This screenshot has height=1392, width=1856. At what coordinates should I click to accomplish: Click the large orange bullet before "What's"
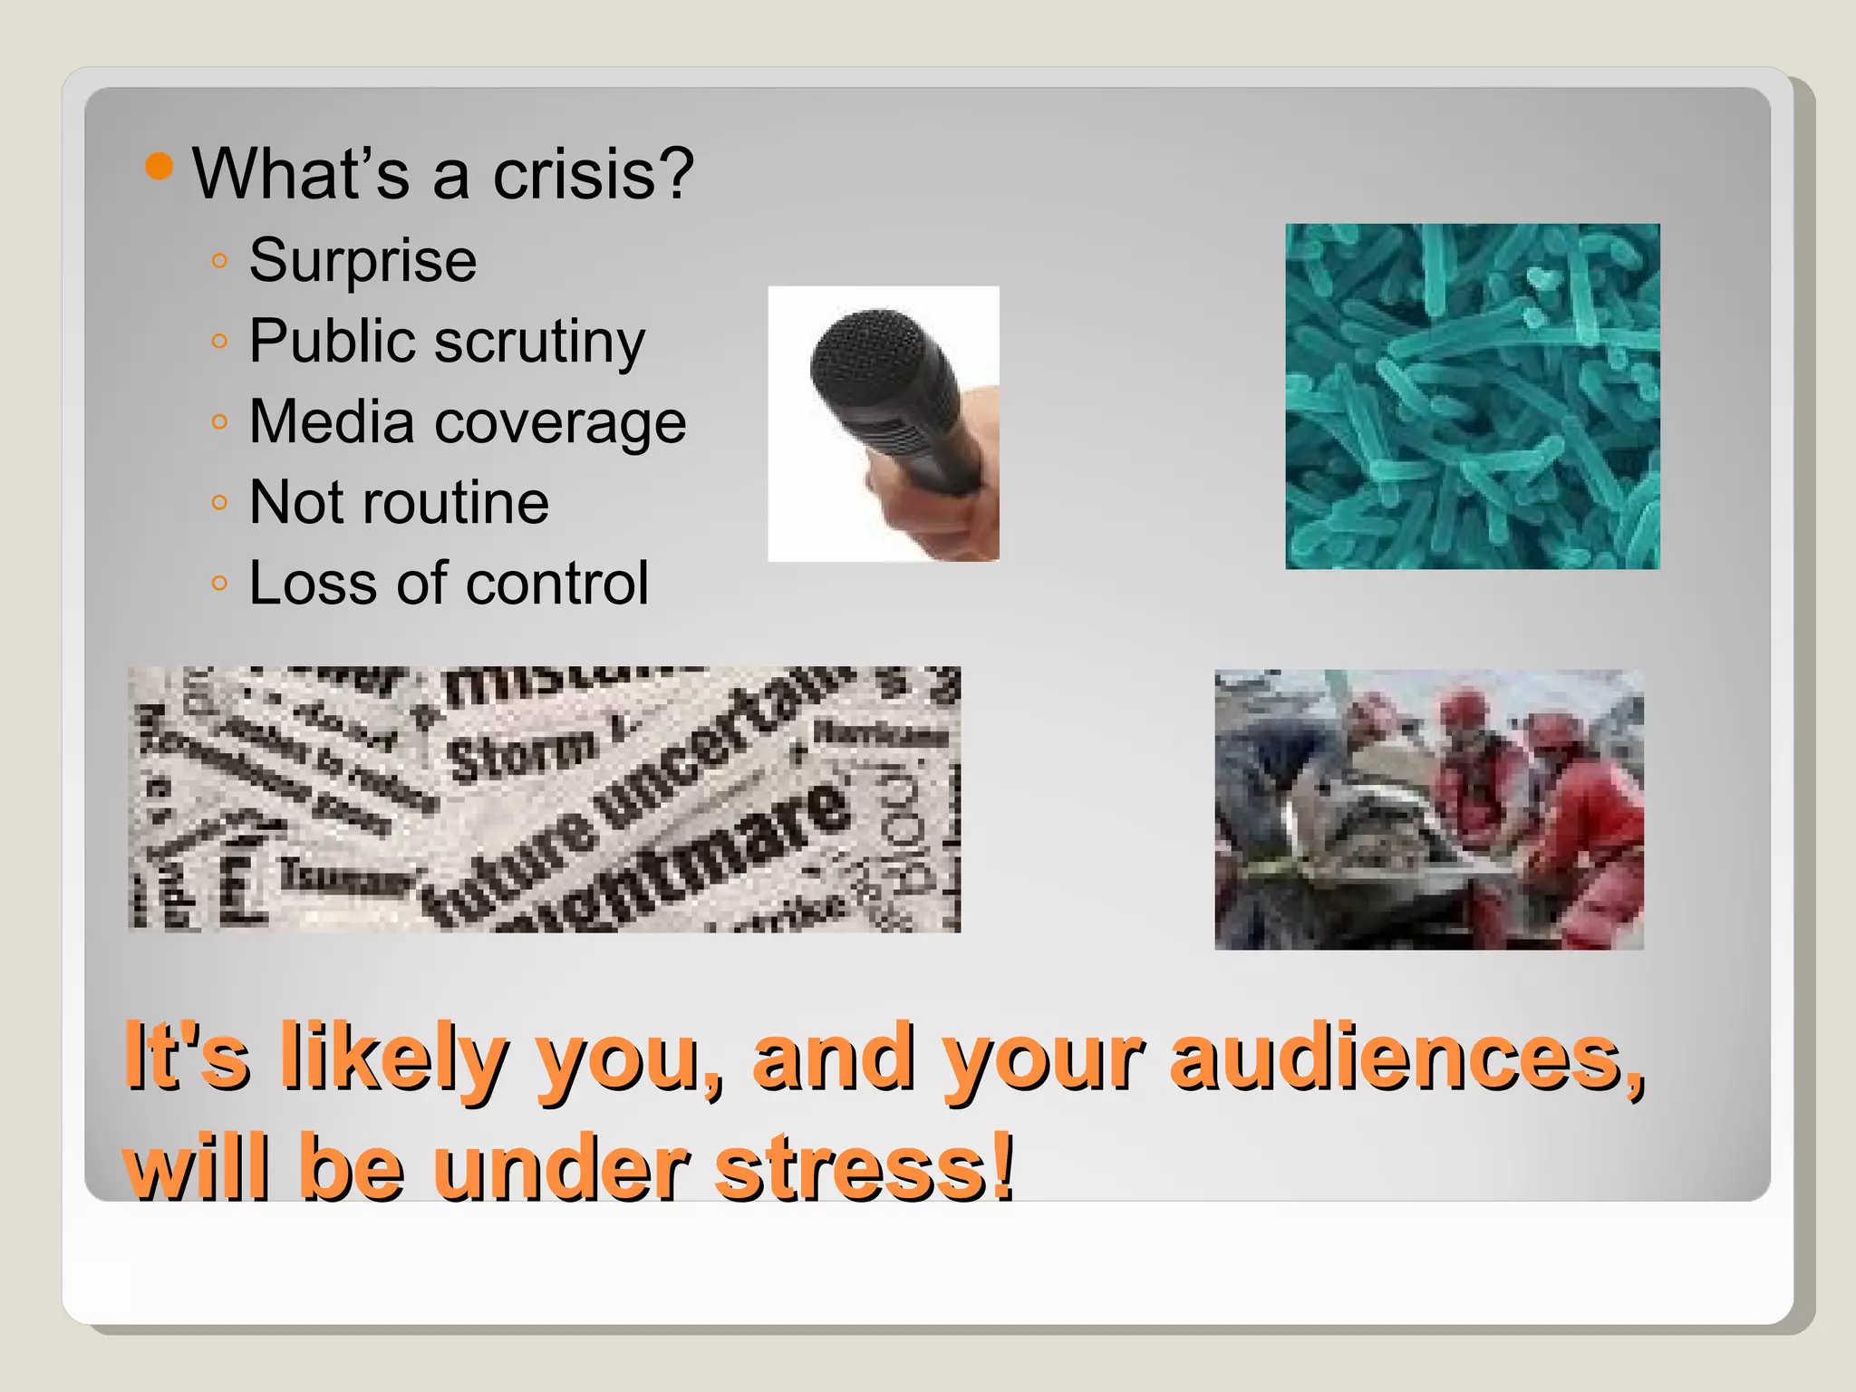(x=159, y=167)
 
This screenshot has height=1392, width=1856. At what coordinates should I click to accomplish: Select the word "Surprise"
(x=362, y=261)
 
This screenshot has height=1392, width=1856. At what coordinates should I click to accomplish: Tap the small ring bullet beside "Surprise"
(x=218, y=261)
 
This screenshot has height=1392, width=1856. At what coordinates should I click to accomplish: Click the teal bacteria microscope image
(x=1472, y=396)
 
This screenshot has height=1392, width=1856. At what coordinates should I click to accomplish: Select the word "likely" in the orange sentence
(x=393, y=1058)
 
